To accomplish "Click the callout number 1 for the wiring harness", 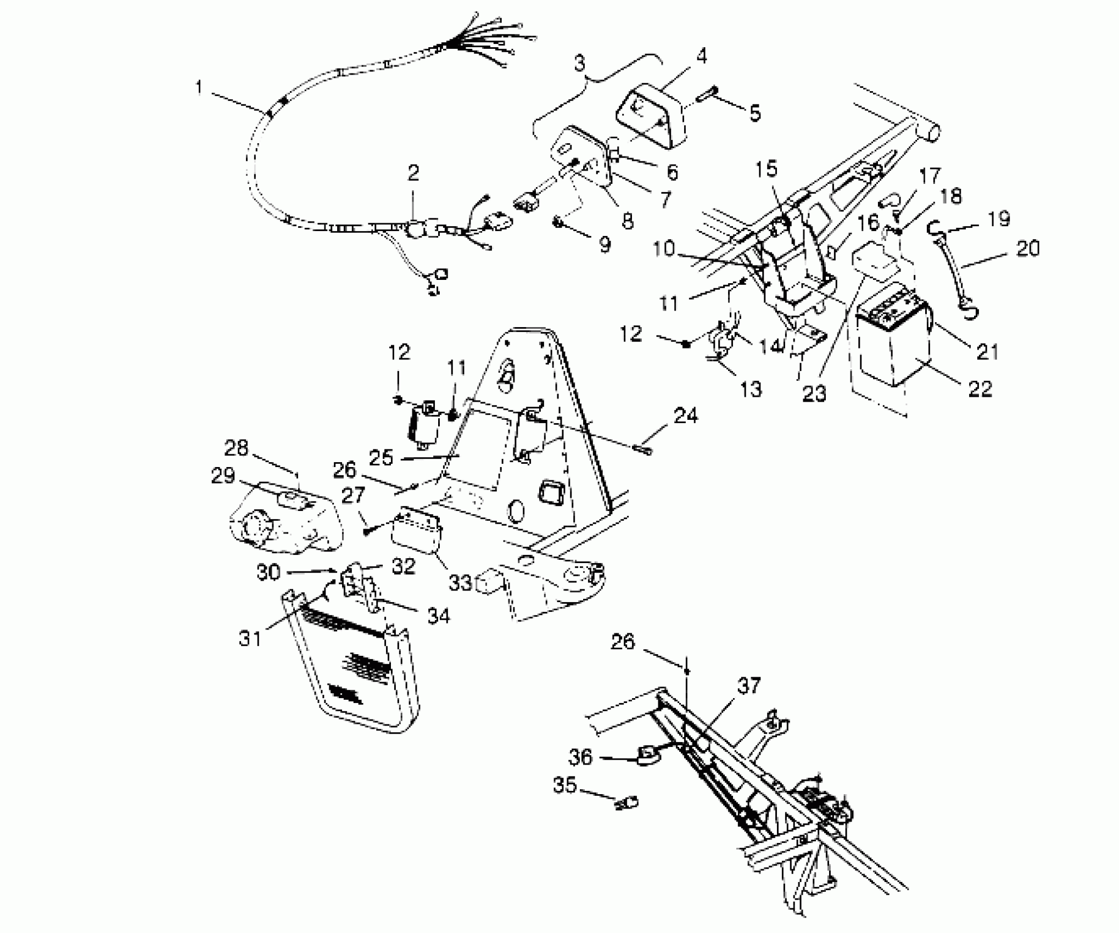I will coord(199,88).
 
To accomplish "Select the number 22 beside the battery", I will coord(980,389).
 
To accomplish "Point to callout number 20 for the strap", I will coord(1028,249).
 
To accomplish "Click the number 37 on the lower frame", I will coord(750,686).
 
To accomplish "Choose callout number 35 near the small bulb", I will coord(564,785).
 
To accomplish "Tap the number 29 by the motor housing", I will coord(223,476).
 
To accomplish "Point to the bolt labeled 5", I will coord(709,102).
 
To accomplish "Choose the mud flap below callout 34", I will coord(351,681).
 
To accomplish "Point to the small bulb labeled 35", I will coord(626,804).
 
